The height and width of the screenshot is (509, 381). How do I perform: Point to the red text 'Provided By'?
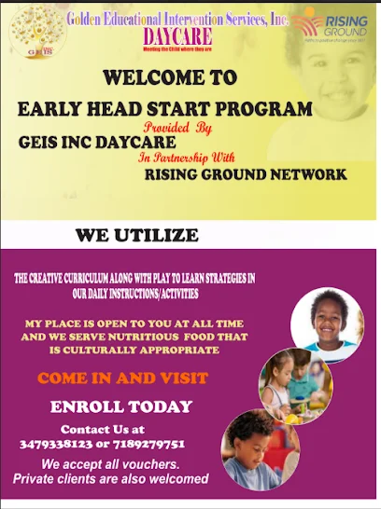click(x=178, y=128)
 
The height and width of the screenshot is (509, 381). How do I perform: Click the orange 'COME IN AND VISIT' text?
click(x=122, y=378)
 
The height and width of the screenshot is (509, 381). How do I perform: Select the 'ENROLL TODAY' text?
click(x=121, y=406)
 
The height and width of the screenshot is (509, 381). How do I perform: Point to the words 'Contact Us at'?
click(x=103, y=430)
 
